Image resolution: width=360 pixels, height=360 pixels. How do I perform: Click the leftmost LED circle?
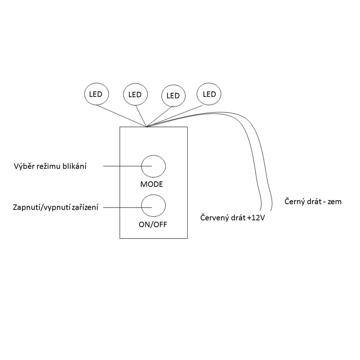click(x=96, y=94)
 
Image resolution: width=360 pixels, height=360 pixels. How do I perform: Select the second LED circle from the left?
click(x=135, y=94)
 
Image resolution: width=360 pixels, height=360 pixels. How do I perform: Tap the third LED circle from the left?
click(x=173, y=95)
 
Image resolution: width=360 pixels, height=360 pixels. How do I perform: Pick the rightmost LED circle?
click(x=209, y=94)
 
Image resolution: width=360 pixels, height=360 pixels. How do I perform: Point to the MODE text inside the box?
click(x=151, y=184)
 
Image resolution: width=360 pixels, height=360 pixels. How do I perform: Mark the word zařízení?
click(x=83, y=207)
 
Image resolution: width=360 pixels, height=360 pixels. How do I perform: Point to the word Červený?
click(x=214, y=218)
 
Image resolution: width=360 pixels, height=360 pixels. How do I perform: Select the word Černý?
click(x=296, y=202)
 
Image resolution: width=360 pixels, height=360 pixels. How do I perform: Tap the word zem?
click(x=334, y=202)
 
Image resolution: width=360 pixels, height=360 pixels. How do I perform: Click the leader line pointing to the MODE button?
click(x=122, y=166)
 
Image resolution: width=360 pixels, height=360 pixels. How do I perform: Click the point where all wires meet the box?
click(x=146, y=126)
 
